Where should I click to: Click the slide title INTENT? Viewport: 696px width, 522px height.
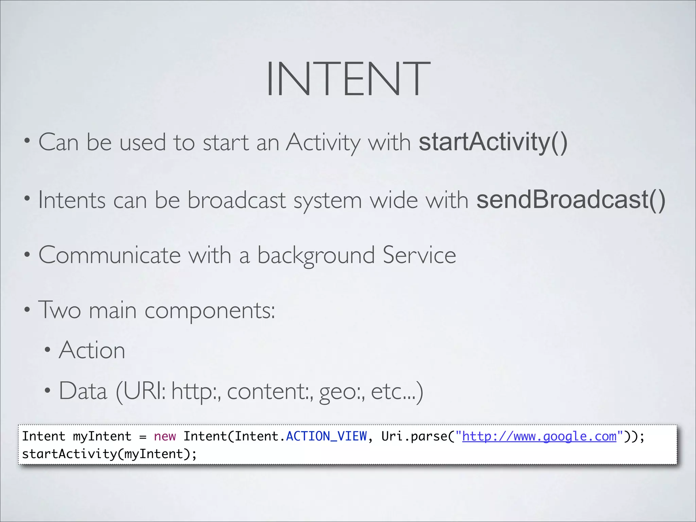(x=348, y=79)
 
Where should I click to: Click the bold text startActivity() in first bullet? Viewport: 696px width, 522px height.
(x=493, y=142)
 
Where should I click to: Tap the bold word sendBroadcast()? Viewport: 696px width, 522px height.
(x=571, y=200)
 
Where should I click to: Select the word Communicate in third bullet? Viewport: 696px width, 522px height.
(x=109, y=255)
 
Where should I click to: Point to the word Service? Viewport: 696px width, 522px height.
(x=419, y=255)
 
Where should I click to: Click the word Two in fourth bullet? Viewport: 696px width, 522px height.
(x=59, y=310)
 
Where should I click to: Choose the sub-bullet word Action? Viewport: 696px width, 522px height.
(x=92, y=350)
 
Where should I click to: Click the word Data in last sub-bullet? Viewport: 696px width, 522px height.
(x=83, y=391)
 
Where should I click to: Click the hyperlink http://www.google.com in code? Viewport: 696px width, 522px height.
(x=539, y=436)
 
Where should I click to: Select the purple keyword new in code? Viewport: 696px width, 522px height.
(x=165, y=436)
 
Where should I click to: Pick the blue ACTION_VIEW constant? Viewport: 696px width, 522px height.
(x=326, y=436)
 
